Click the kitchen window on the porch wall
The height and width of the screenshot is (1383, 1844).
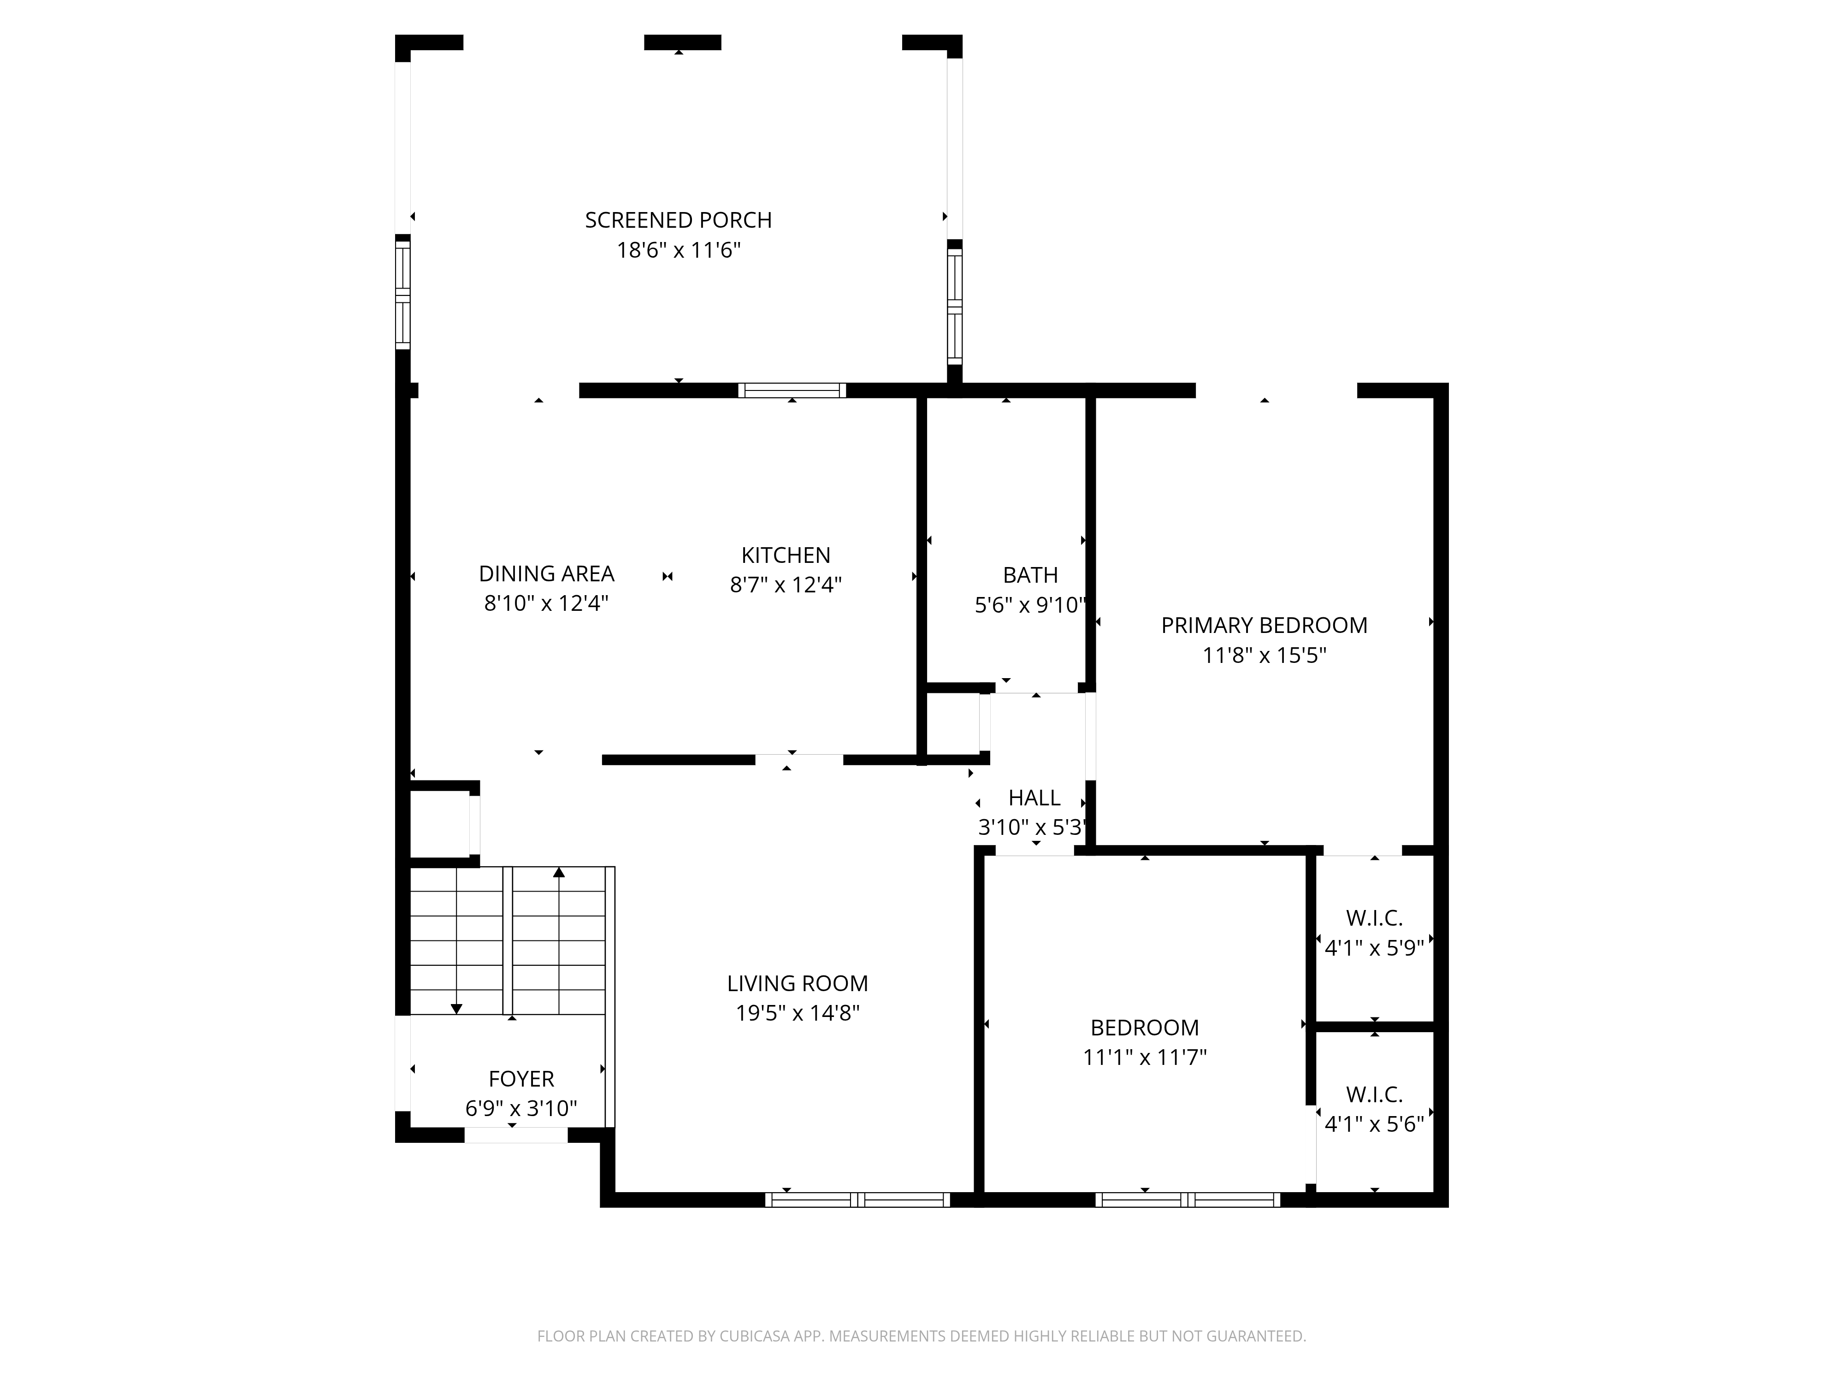(792, 390)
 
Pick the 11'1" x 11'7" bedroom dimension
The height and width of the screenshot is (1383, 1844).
(1145, 1057)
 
